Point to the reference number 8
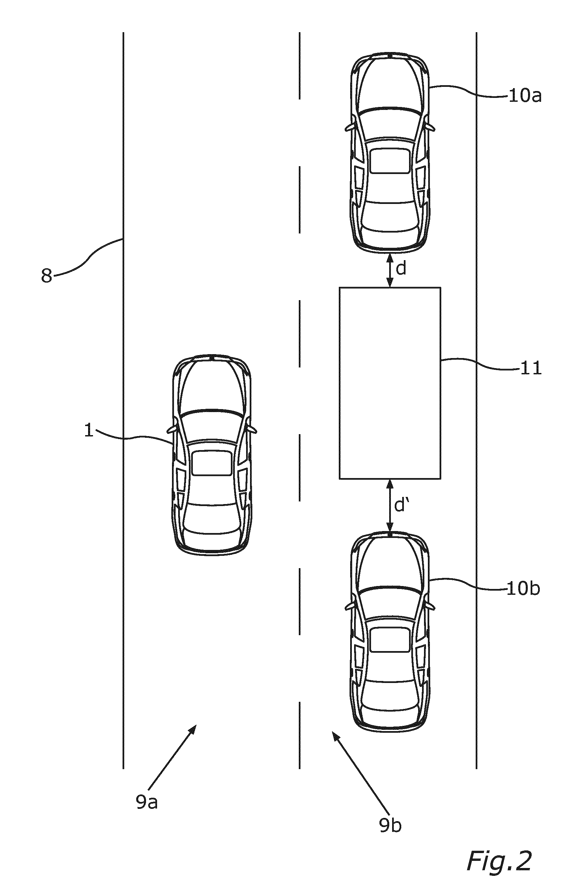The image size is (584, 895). pyautogui.click(x=46, y=276)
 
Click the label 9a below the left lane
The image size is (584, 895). pyautogui.click(x=147, y=803)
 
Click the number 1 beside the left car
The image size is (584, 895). pyautogui.click(x=88, y=431)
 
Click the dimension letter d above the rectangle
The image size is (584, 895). pyautogui.click(x=401, y=269)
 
